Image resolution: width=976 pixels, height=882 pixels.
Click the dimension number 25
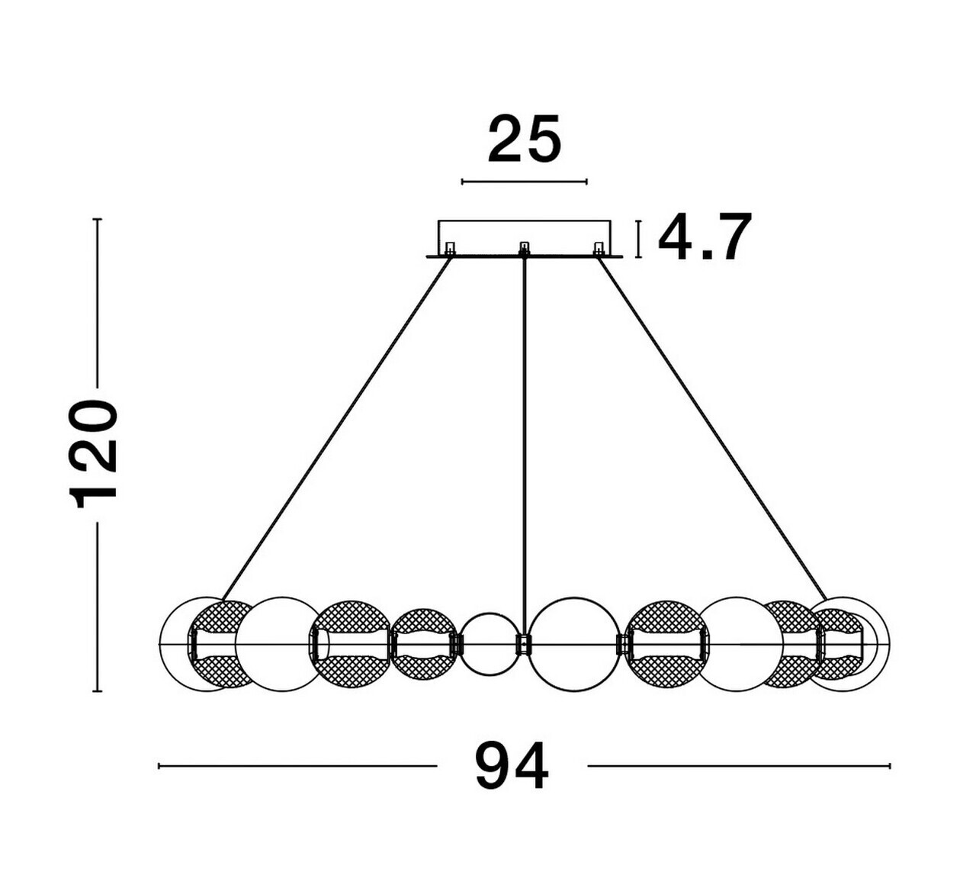(525, 140)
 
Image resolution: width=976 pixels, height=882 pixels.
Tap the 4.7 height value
(705, 238)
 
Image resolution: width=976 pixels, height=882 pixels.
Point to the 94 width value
(512, 767)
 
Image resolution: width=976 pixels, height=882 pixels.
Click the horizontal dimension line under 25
(525, 182)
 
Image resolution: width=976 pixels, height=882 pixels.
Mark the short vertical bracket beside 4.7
(638, 239)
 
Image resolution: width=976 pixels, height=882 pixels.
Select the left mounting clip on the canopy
(450, 249)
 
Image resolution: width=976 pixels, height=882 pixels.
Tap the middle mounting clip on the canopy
(525, 249)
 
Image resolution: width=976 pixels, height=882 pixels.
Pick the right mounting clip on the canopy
(599, 249)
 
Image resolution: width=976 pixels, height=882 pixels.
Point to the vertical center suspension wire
(525, 443)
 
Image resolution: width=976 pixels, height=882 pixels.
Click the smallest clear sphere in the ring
(490, 644)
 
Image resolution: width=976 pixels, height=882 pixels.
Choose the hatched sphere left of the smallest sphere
(424, 644)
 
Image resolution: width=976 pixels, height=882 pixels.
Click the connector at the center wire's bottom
(523, 644)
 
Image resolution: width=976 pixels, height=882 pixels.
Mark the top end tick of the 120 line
(97, 220)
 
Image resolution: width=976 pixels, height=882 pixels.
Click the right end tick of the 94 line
(890, 765)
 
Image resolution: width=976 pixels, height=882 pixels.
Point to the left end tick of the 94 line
(159, 765)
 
